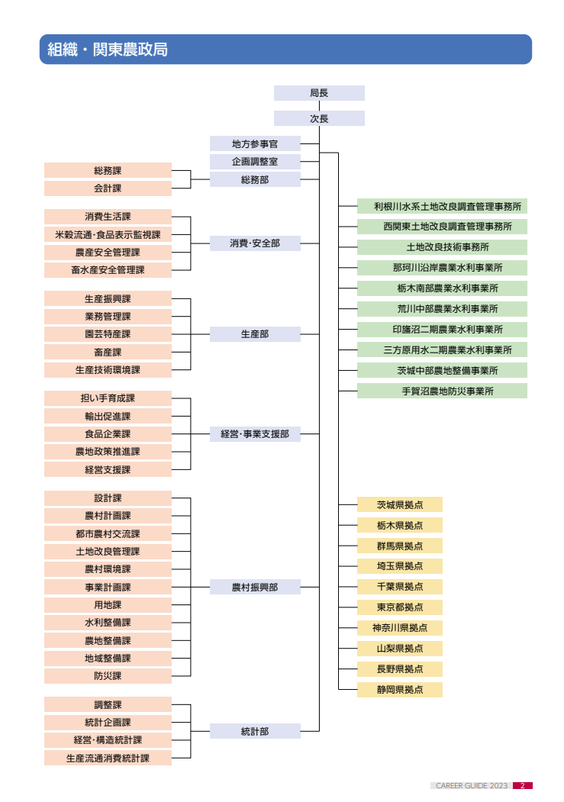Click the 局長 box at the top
[x=319, y=93]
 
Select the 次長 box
[x=319, y=118]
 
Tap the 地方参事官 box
[x=255, y=143]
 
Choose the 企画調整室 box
[x=255, y=162]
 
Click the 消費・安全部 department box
[x=255, y=243]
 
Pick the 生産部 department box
[x=255, y=334]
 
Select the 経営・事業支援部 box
[x=255, y=434]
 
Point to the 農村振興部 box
[x=255, y=588]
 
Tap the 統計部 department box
[x=255, y=731]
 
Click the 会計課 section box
[x=108, y=188]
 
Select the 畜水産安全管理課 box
[x=108, y=270]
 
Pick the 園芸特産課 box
[x=108, y=334]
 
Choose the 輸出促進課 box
[x=108, y=417]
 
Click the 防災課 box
[x=108, y=676]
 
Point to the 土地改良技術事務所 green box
[x=442, y=247]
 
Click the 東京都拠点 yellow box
[x=399, y=608]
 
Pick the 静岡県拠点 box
[x=399, y=690]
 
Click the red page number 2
[x=522, y=785]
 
